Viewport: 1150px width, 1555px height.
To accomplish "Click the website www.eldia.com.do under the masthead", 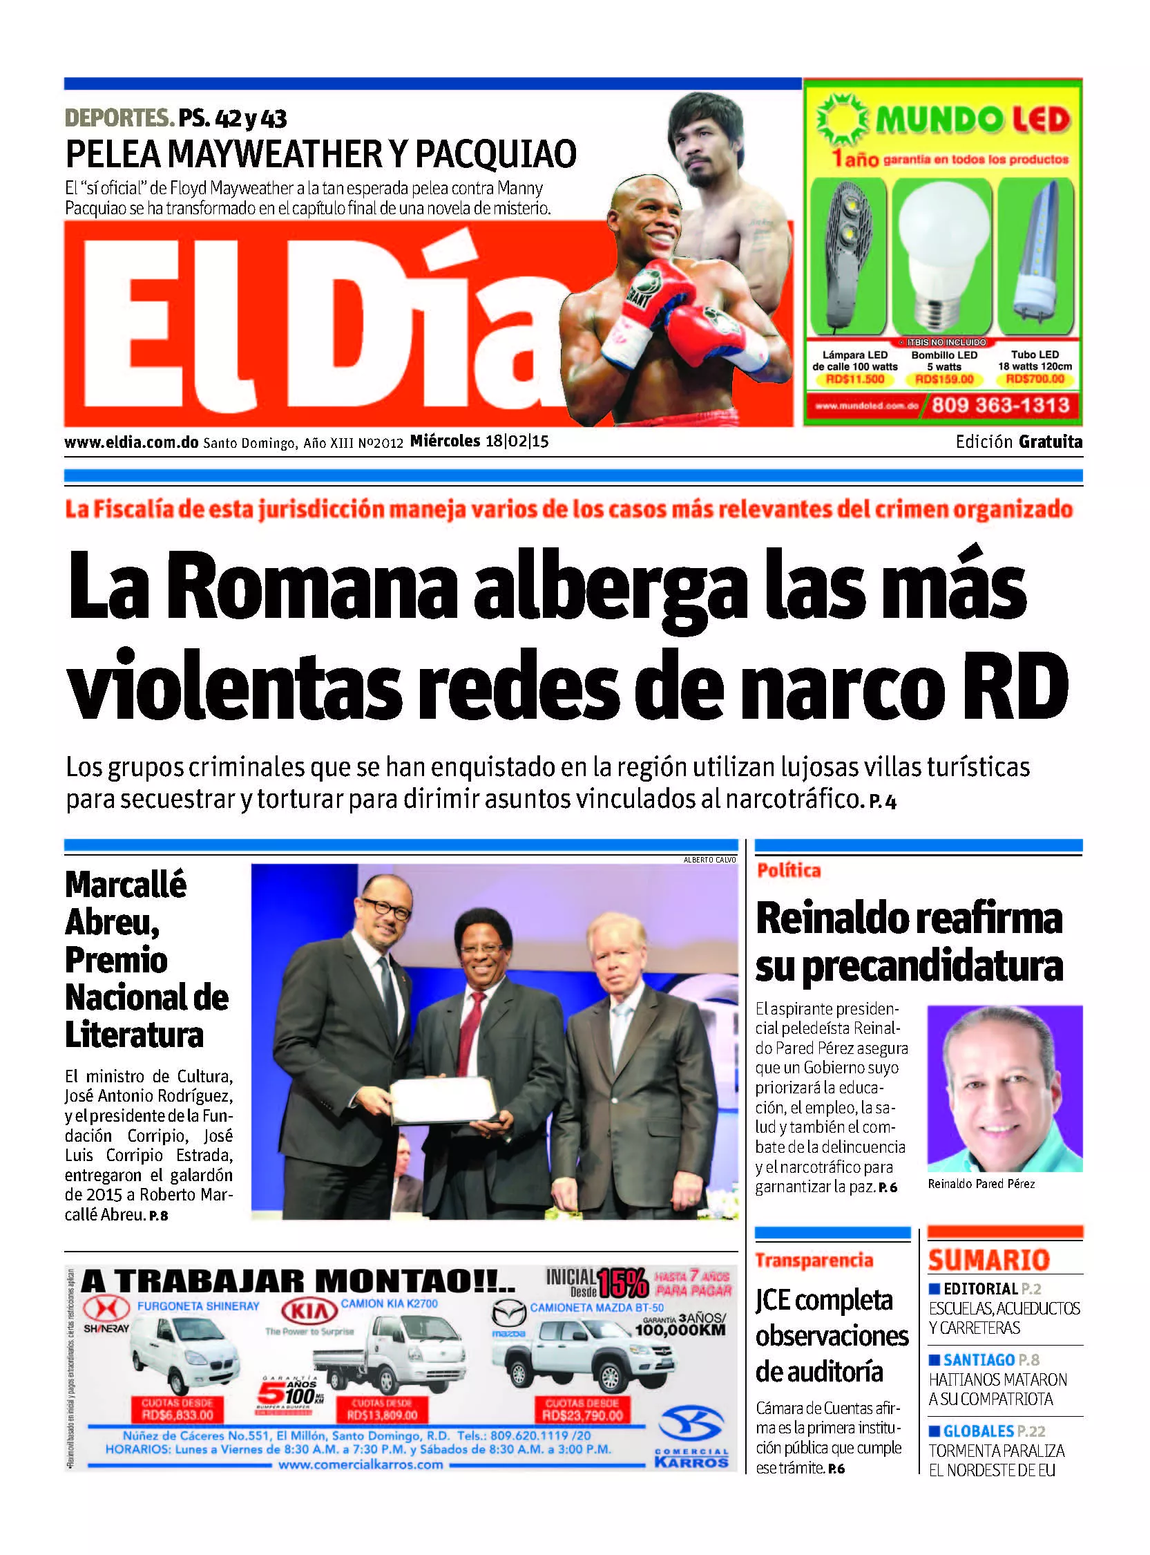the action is click(x=131, y=442).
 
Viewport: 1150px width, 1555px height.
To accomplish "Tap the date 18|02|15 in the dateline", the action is click(x=517, y=442).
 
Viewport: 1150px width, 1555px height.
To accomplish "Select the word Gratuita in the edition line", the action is click(x=1051, y=442).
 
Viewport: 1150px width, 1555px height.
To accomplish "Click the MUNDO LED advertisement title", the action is click(x=972, y=120).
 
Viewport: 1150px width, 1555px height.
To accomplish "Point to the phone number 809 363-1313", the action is click(x=999, y=404).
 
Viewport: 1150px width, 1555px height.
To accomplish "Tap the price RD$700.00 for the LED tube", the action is click(x=1035, y=379).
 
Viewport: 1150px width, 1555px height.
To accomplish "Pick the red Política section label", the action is click(x=789, y=871).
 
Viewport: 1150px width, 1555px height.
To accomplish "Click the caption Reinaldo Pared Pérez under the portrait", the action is click(x=981, y=1184).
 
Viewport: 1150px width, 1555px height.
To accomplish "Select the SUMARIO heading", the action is click(x=988, y=1260).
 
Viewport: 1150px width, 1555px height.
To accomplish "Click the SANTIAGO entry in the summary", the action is click(x=979, y=1360).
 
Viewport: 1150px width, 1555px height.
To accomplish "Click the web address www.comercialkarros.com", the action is click(x=361, y=1464).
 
